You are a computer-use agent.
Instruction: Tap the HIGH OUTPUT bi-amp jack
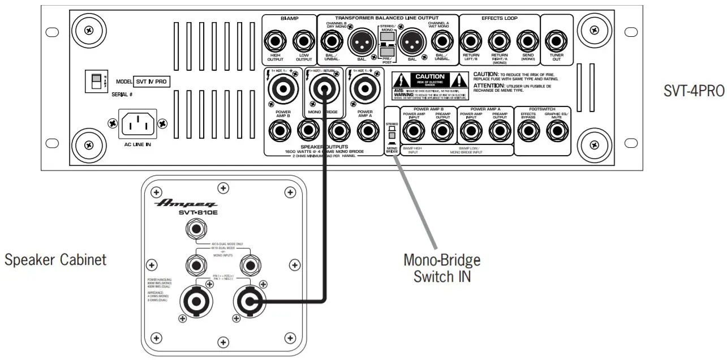[276, 41]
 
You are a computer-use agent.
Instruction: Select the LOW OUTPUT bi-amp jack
[304, 41]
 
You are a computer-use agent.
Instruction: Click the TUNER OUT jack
[557, 41]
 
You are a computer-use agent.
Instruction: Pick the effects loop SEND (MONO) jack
[528, 41]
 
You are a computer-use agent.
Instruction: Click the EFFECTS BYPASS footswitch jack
[528, 131]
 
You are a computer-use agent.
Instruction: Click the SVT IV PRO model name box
[151, 82]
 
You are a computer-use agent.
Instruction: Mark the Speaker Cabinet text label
[55, 260]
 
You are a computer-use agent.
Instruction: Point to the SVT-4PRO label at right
[694, 92]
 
